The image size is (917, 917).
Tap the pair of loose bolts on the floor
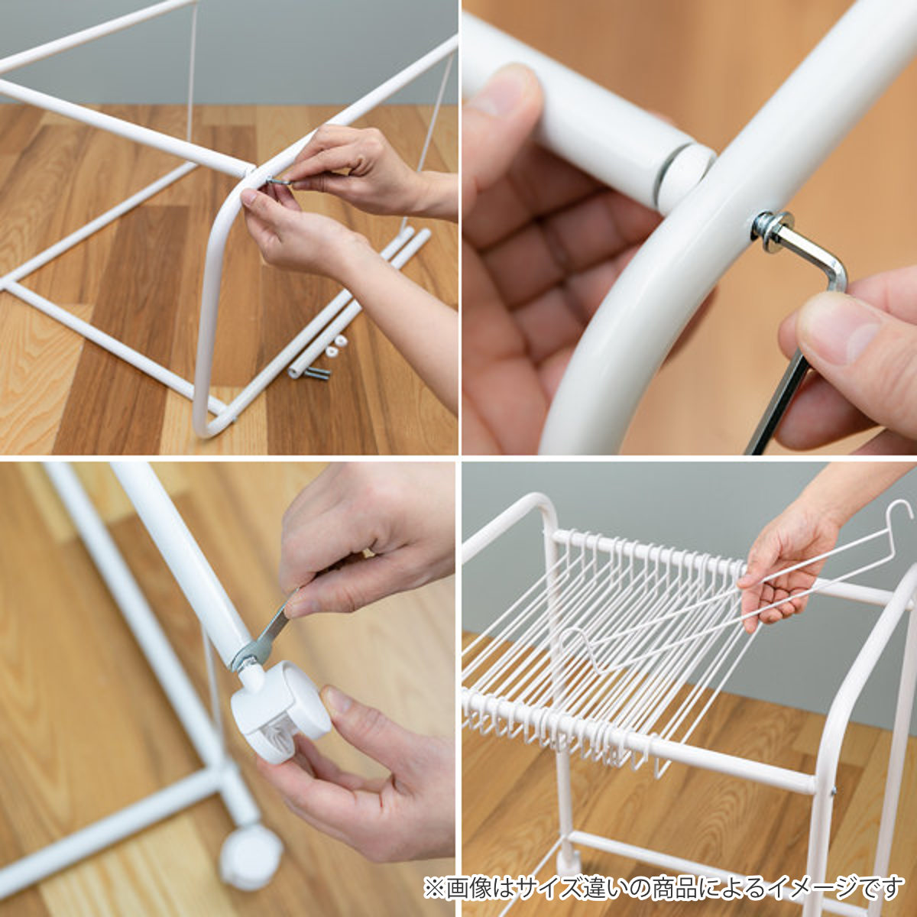[317, 373]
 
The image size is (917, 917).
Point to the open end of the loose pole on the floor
[296, 372]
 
